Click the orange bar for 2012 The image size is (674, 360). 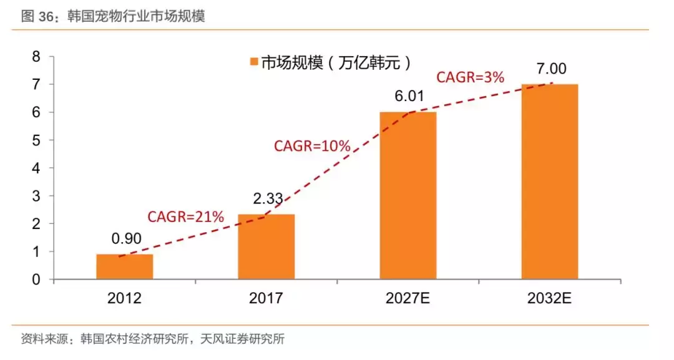[124, 267]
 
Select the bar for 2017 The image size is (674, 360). [266, 247]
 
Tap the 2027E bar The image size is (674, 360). [408, 196]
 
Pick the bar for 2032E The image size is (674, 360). [550, 182]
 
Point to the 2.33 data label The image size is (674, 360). [268, 199]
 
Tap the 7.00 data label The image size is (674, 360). [550, 69]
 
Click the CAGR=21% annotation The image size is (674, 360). [185, 217]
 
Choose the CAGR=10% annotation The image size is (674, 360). [312, 146]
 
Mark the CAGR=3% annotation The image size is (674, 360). [470, 77]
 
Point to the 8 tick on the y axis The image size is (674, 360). [36, 57]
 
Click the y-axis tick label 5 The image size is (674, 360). [36, 140]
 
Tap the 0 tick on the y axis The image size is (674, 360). [36, 280]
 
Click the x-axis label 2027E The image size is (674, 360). [408, 298]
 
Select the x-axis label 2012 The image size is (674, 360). [124, 298]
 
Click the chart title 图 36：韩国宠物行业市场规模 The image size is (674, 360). [113, 16]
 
